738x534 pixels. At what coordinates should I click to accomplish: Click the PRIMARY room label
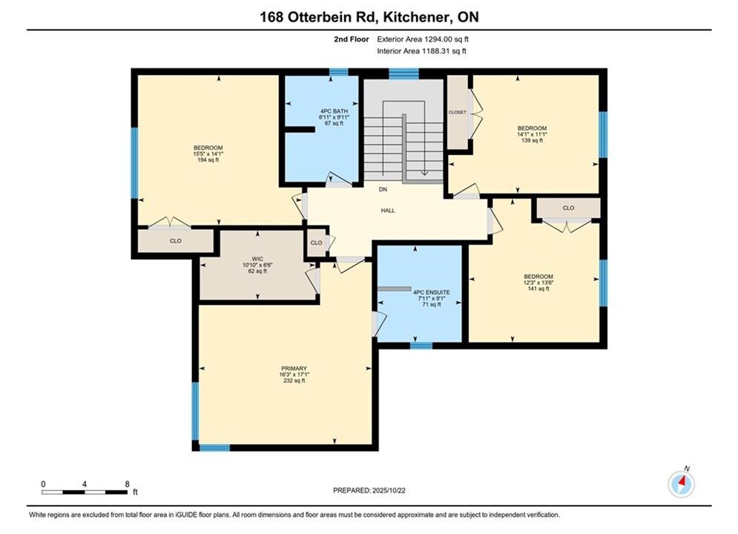pyautogui.click(x=294, y=369)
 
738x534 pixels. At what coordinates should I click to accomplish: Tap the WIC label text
pyautogui.click(x=257, y=259)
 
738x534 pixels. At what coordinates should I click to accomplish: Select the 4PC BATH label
pyautogui.click(x=335, y=111)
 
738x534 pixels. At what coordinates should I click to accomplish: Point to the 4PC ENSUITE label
pyautogui.click(x=431, y=292)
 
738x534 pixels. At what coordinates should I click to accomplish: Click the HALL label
pyautogui.click(x=388, y=211)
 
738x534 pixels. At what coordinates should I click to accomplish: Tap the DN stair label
pyautogui.click(x=383, y=190)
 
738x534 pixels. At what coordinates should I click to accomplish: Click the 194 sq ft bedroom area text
pyautogui.click(x=208, y=160)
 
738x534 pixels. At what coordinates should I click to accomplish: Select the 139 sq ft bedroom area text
pyautogui.click(x=532, y=140)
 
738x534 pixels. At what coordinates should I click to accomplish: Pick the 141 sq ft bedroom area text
pyautogui.click(x=538, y=289)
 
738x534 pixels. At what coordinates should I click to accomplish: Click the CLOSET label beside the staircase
pyautogui.click(x=458, y=113)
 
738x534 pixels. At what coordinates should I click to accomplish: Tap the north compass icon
pyautogui.click(x=681, y=483)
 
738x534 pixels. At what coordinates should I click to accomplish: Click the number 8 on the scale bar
pyautogui.click(x=127, y=484)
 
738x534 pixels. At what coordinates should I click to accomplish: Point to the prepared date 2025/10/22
pyautogui.click(x=389, y=490)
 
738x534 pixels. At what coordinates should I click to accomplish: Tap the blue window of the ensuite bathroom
pyautogui.click(x=421, y=346)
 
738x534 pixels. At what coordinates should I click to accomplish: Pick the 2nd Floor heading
pyautogui.click(x=352, y=39)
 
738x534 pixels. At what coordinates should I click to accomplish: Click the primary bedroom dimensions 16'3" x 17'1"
pyautogui.click(x=294, y=375)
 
